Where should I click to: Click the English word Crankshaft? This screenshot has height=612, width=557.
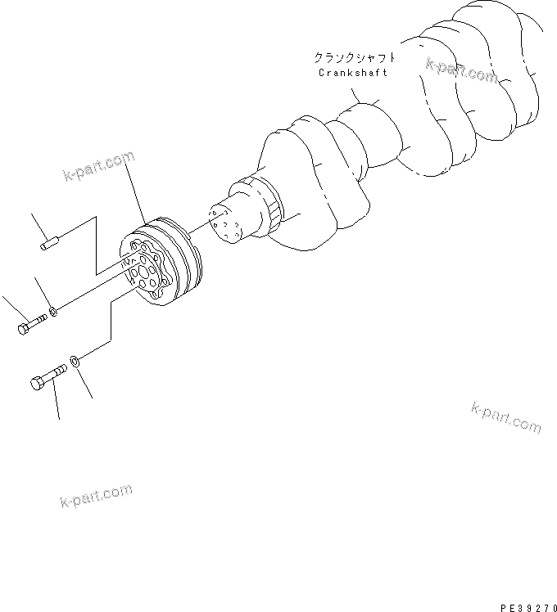point(352,73)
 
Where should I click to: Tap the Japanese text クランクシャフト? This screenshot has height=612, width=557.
point(355,58)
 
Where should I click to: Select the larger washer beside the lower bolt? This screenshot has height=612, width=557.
point(76,360)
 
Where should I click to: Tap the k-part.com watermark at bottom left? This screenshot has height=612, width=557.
point(96,495)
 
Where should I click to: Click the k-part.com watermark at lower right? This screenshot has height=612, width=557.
point(506,416)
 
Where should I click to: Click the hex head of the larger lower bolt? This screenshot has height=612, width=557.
point(38,383)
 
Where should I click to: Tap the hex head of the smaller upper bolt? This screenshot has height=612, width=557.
point(22,328)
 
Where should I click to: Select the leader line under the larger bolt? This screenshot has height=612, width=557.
point(57,405)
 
